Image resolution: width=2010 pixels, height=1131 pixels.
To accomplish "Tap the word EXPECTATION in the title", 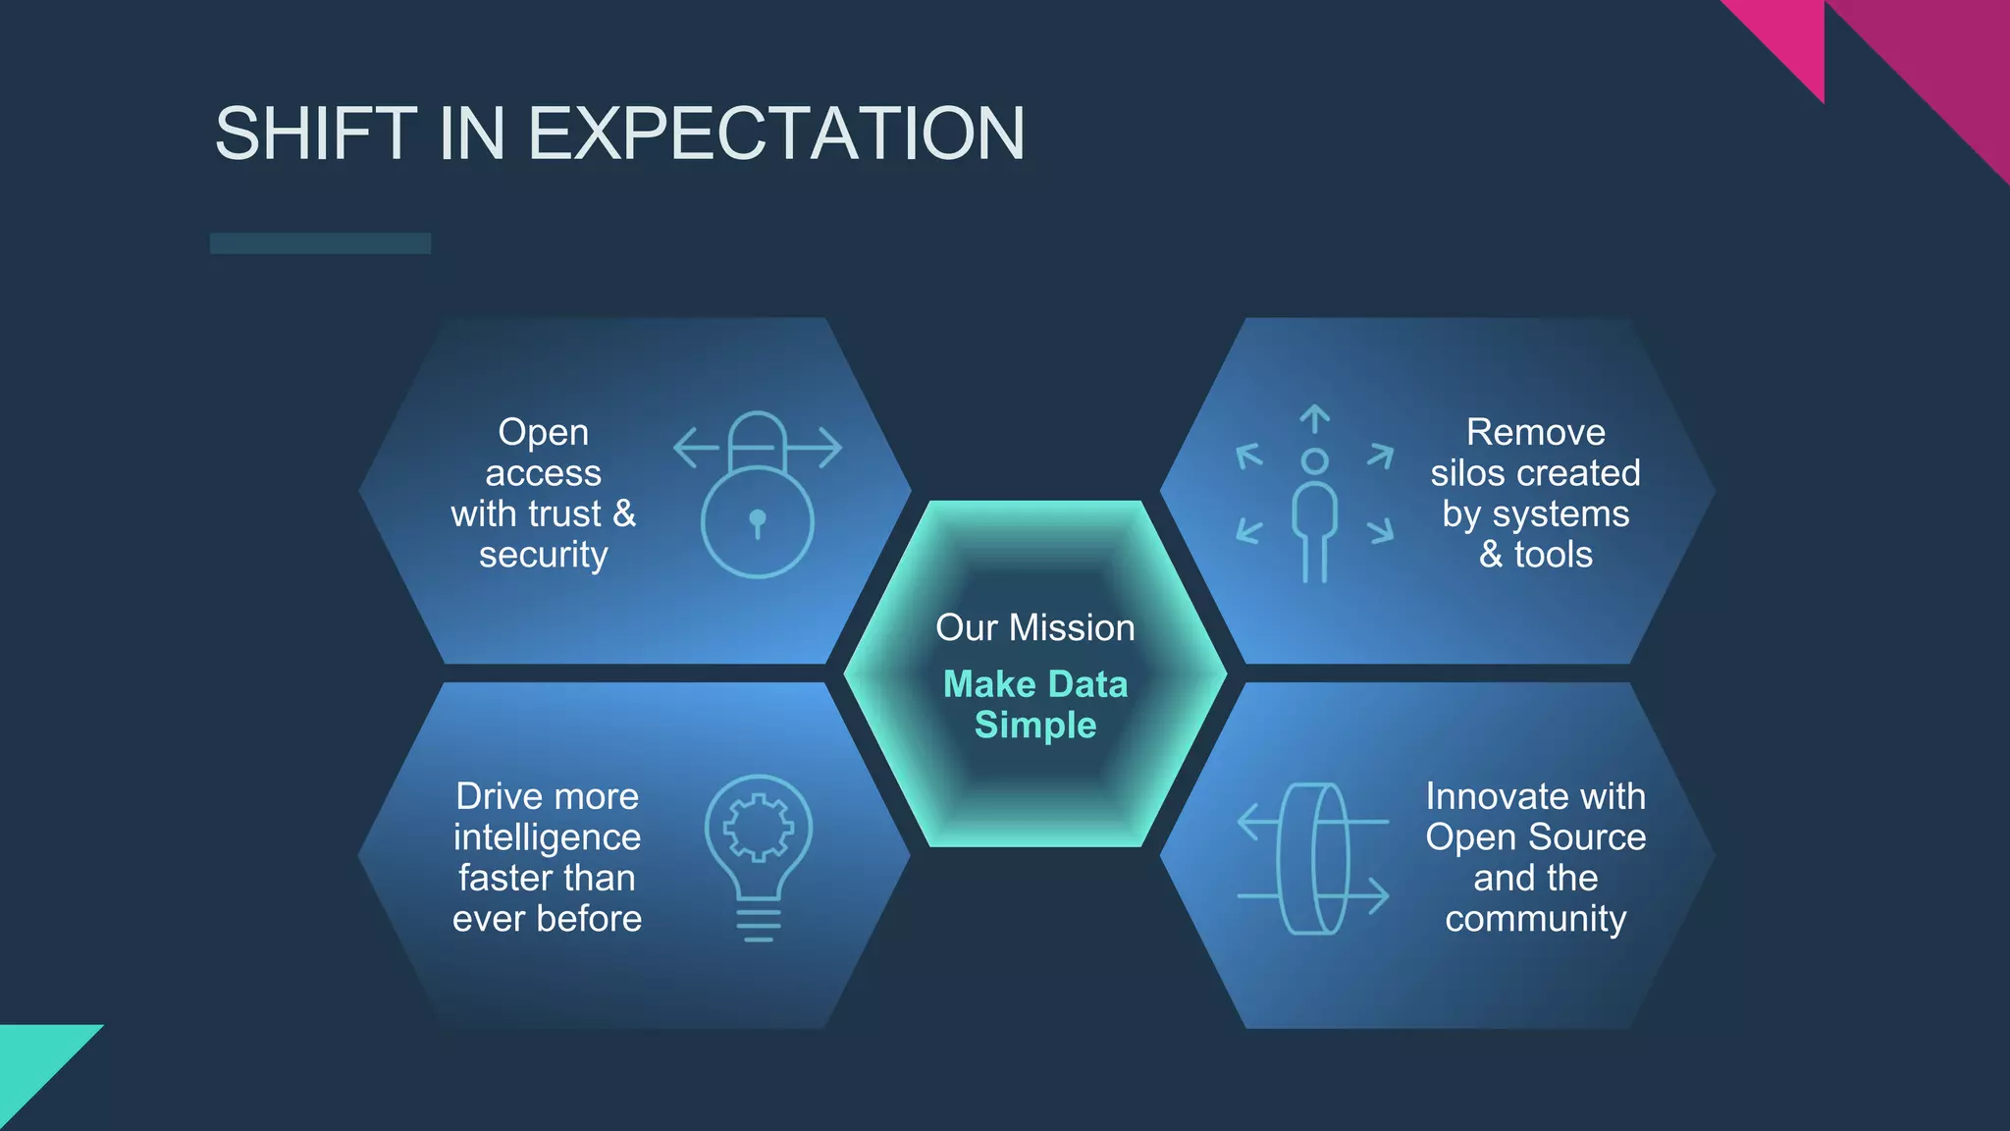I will tap(776, 134).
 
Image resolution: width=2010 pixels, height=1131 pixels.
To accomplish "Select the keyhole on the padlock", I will tap(757, 519).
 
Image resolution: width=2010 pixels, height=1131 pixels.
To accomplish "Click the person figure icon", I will tap(1314, 515).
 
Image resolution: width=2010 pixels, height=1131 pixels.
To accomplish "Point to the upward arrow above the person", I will tap(1314, 418).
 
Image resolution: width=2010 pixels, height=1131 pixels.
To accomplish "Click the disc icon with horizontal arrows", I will tap(1313, 858).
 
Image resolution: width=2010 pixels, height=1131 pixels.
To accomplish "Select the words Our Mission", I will tap(1034, 627).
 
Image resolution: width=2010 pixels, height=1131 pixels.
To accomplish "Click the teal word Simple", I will tap(1034, 726).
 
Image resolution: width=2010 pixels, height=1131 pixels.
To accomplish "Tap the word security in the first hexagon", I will tap(543, 555).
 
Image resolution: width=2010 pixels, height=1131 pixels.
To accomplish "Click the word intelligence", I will tap(547, 837).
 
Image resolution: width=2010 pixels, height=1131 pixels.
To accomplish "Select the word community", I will tap(1535, 919).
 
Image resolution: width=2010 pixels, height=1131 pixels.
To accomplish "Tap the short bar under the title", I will tap(320, 243).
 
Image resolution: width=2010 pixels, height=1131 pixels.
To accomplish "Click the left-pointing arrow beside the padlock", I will tap(696, 448).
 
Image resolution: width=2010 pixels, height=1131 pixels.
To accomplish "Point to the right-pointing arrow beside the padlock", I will tap(820, 448).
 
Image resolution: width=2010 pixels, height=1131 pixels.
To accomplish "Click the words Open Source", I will tap(1535, 837).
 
